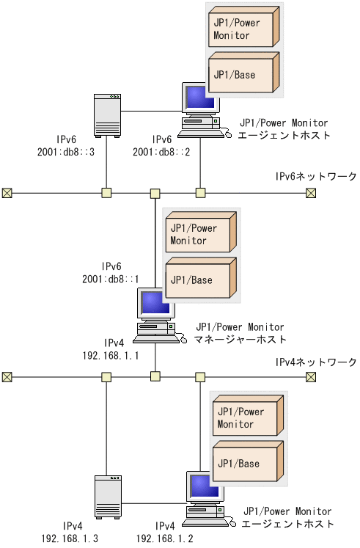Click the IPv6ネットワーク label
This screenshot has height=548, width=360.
[315, 177]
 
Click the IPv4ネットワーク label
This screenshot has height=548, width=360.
[315, 362]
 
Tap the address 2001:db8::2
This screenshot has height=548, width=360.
[161, 151]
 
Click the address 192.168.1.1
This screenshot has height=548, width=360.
[114, 354]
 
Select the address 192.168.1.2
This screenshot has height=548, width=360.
[165, 538]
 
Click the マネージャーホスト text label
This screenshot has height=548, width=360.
[240, 339]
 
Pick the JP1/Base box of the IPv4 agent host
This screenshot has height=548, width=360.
[244, 464]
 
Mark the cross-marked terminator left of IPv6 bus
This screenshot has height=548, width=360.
[7, 193]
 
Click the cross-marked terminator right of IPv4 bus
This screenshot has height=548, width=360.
[311, 377]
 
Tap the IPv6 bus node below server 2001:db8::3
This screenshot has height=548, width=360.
[106, 193]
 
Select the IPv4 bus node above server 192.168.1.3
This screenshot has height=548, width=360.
[106, 377]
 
